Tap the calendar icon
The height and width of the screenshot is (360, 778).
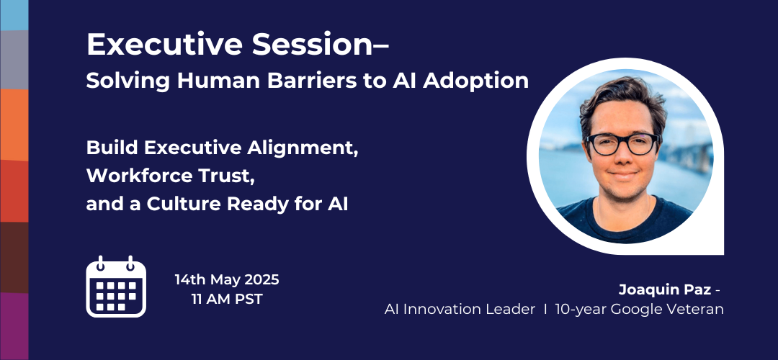click(x=116, y=287)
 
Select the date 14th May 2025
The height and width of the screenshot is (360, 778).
click(x=226, y=279)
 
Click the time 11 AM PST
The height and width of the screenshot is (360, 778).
click(x=226, y=299)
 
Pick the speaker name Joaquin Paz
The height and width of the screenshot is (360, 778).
click(x=663, y=290)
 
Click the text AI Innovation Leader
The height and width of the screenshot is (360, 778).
click(x=460, y=310)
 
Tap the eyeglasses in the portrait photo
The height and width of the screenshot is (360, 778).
click(x=622, y=143)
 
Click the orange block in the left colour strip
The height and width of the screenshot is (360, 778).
click(x=14, y=124)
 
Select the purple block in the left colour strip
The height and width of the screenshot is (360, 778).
click(x=14, y=325)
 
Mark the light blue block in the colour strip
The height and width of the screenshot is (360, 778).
click(x=14, y=14)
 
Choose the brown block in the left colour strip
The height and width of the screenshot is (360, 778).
click(x=14, y=257)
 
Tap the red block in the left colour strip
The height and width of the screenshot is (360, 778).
click(x=14, y=191)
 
